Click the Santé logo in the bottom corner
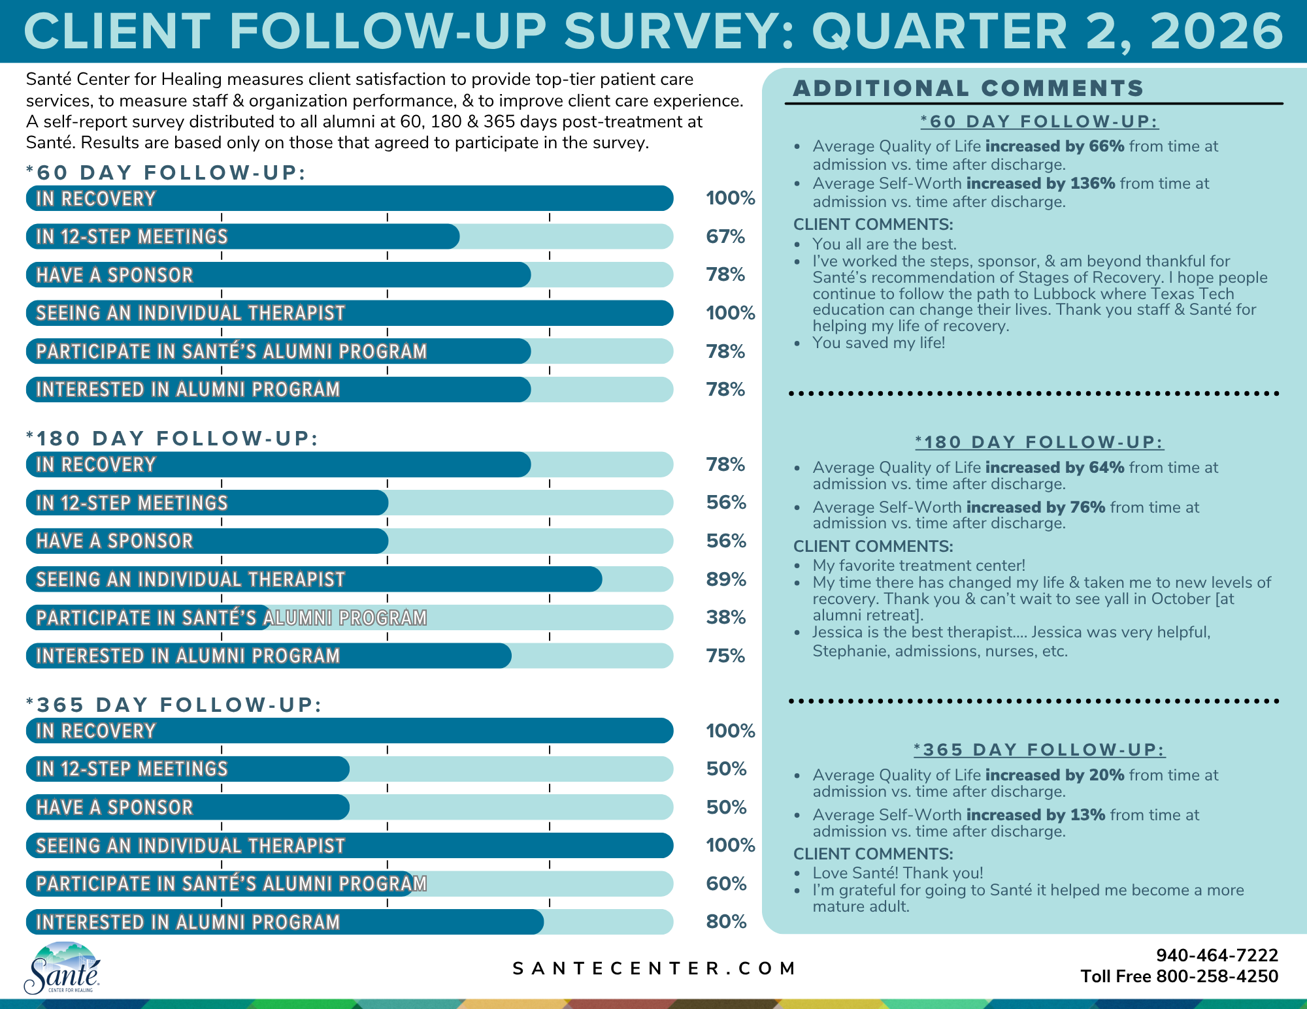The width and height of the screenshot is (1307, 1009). [62, 967]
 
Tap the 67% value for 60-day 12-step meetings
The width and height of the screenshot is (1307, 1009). [725, 236]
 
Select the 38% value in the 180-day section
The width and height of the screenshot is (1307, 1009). [726, 617]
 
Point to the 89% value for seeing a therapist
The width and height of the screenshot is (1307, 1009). [726, 579]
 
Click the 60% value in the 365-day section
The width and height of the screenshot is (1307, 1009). [726, 884]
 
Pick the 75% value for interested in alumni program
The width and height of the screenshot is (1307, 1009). [725, 656]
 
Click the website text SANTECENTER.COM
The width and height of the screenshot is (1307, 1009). [653, 969]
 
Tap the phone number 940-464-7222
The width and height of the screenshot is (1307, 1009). [1217, 955]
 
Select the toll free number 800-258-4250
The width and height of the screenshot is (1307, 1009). [1217, 976]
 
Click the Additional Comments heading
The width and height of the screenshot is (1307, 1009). [968, 88]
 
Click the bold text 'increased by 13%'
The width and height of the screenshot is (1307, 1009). [1036, 815]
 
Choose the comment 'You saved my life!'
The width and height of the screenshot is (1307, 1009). [878, 343]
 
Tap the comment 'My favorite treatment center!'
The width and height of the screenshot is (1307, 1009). [919, 566]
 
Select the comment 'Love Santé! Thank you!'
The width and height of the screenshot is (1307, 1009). [897, 873]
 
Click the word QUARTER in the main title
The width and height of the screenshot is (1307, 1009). [939, 31]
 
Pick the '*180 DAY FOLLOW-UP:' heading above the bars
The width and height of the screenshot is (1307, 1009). [172, 438]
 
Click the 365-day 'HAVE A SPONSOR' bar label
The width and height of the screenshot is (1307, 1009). [115, 807]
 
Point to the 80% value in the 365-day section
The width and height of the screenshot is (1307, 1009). [726, 921]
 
